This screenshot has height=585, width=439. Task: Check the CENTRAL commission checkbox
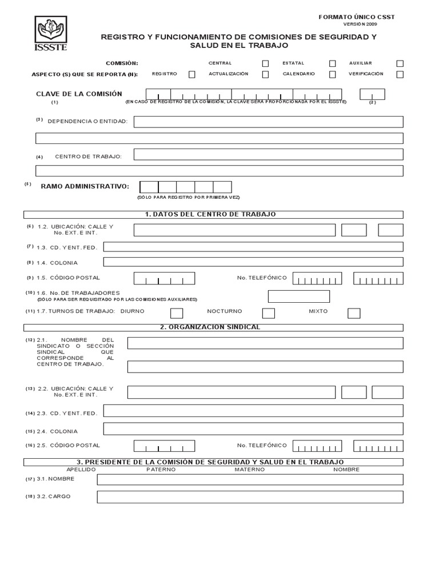pos(265,63)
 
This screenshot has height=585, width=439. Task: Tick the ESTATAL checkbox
pos(332,63)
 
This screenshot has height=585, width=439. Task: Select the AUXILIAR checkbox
pos(400,63)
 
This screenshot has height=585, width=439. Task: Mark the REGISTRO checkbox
pos(191,74)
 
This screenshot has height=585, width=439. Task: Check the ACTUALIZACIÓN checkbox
pos(265,74)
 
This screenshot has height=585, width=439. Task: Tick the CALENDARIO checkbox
pos(332,74)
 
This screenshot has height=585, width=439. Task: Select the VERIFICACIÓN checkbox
pos(400,74)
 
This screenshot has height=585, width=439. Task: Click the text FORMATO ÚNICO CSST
pos(357,17)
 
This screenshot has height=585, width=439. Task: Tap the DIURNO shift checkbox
pos(177,313)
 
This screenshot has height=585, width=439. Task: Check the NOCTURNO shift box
pos(268,313)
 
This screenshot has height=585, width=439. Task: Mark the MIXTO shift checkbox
pos(354,313)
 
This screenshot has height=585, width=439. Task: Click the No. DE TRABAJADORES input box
pos(299,296)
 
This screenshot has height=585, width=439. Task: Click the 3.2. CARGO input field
pos(250,497)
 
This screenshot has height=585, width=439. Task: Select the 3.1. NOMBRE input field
pos(250,479)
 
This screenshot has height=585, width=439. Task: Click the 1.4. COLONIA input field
pos(253,262)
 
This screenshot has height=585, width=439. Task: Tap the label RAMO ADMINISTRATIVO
pos(85,186)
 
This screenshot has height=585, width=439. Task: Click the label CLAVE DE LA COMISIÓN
pos(79,94)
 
